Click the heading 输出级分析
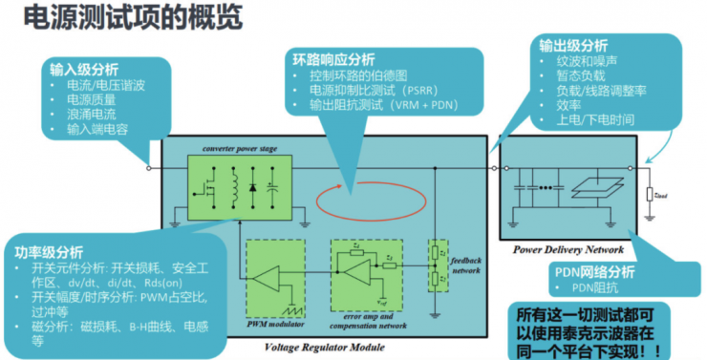tap(573, 43)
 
